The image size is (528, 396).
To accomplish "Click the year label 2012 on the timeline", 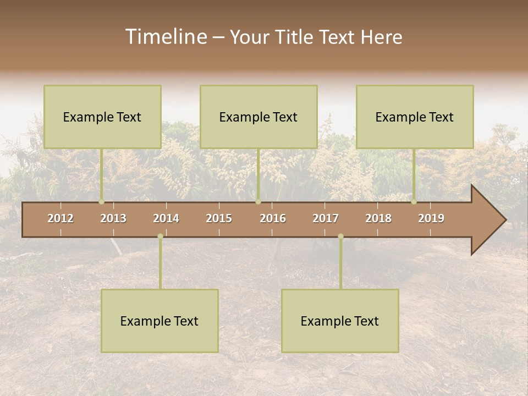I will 61,218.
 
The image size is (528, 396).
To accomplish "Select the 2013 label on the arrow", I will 113,218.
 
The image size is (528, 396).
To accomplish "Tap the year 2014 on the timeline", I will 166,218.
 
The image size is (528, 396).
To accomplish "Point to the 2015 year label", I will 219,218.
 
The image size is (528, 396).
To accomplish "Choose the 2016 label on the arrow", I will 273,218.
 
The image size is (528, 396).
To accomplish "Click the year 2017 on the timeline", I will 326,218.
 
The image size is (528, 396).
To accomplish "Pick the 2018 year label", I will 378,218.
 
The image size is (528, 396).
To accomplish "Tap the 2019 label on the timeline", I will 431,218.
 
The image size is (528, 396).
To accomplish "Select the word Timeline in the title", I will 166,37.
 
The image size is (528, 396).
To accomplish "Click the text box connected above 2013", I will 102,117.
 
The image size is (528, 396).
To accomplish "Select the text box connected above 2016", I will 258,117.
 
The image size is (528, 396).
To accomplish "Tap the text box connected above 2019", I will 415,117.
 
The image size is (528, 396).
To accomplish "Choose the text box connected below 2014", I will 159,321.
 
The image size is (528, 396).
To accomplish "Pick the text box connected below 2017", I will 340,321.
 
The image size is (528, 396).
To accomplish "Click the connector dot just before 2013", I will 102,202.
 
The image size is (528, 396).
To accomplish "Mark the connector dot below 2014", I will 160,237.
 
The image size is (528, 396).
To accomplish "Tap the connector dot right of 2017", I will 340,237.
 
